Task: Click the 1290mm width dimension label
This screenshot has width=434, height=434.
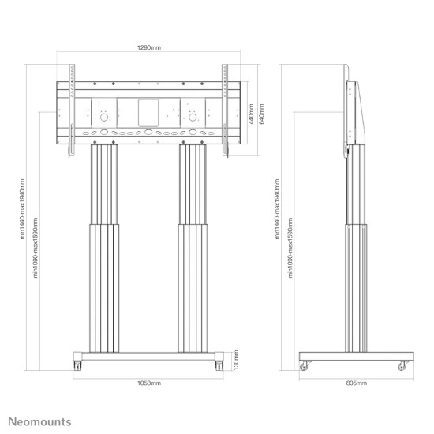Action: click(x=149, y=48)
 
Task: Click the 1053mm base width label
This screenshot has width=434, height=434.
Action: click(x=149, y=383)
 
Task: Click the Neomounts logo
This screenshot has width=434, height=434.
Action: click(x=39, y=422)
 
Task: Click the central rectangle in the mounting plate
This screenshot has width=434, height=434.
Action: click(x=148, y=111)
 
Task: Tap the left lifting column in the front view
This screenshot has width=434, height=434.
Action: click(x=104, y=245)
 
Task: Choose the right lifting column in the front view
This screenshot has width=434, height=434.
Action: click(x=192, y=245)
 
